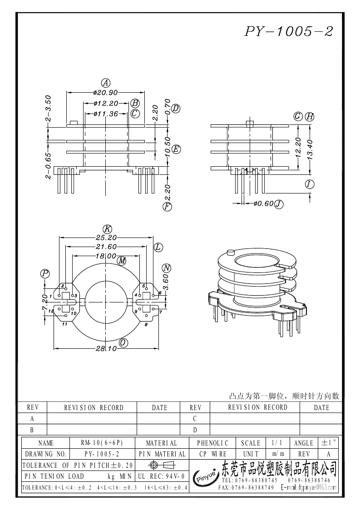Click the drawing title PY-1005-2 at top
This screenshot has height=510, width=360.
point(289,31)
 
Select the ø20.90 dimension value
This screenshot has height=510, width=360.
point(105,93)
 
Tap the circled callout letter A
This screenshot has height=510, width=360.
point(105,83)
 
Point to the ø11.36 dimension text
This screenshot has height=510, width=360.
point(105,114)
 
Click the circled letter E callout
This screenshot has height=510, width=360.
point(177,149)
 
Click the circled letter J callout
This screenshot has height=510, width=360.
point(279,204)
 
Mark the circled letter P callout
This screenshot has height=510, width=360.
point(45,273)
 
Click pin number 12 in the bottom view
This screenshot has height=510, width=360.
point(51,311)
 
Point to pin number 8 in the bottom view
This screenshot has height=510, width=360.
point(146,325)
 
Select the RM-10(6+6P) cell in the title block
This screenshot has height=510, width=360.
point(102,443)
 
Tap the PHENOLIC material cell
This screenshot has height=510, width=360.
point(213,443)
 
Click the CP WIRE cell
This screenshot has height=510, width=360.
point(213,454)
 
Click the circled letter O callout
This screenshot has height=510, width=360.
point(123,342)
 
